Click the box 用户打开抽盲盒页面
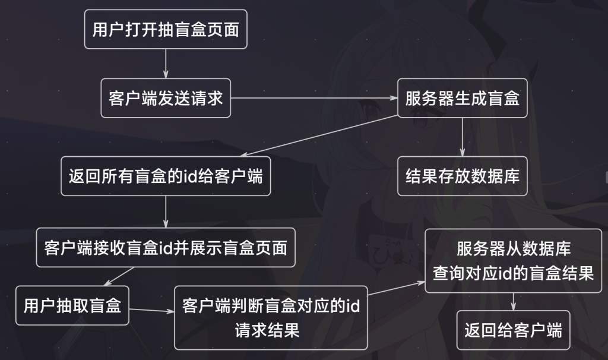point(166,29)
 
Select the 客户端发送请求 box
point(166,98)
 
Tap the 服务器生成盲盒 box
point(463,98)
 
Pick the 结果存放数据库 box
point(463,176)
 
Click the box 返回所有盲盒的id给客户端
point(166,176)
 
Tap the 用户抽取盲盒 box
point(72,306)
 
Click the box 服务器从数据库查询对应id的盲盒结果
point(513,260)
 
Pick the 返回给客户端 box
point(513,330)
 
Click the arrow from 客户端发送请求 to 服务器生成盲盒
point(314,98)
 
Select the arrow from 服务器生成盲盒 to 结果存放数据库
point(463,137)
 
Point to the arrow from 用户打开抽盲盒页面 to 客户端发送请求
point(166,64)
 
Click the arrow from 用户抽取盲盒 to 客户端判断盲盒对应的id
point(151,310)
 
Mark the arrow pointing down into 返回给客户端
point(513,301)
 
